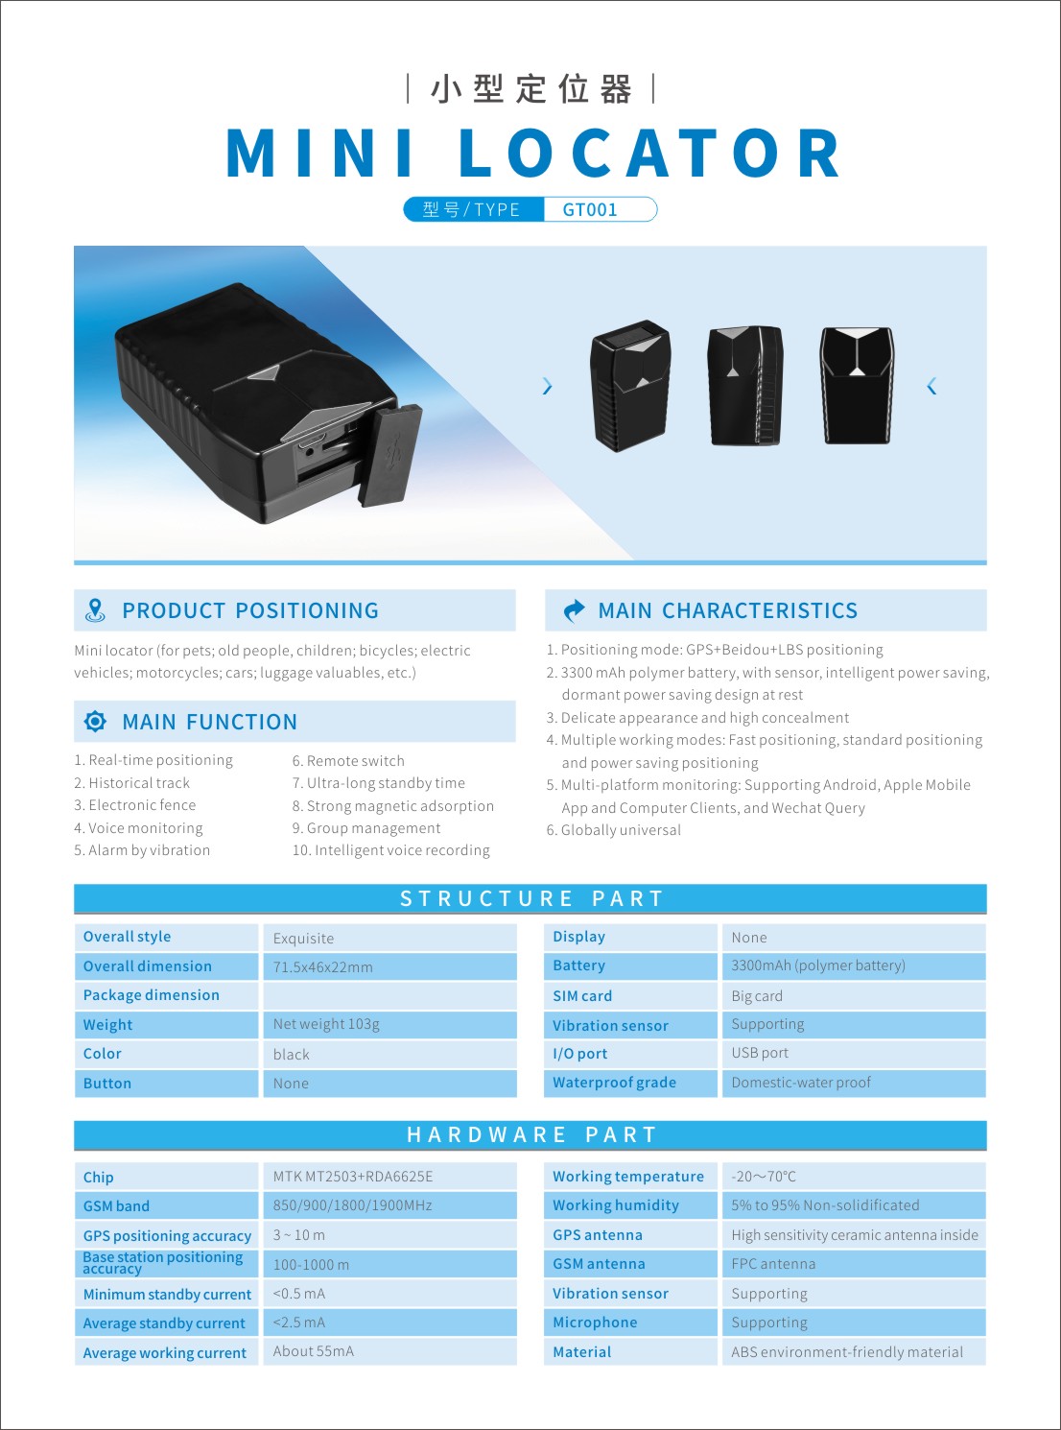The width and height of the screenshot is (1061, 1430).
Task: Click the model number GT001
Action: [590, 209]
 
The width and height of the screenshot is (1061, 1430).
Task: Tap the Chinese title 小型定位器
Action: [531, 89]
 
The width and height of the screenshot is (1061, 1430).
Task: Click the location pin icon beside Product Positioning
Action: [95, 610]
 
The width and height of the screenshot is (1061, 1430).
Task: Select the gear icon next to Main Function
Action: [95, 722]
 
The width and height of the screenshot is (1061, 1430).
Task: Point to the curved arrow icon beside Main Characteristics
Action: [574, 610]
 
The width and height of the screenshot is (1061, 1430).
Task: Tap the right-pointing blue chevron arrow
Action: [547, 386]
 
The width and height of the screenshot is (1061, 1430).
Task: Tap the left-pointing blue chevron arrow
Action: [931, 386]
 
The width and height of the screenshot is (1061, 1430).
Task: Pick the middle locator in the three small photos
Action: [745, 386]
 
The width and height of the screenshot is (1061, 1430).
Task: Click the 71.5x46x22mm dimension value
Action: [323, 967]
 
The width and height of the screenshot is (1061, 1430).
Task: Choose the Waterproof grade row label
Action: [614, 1083]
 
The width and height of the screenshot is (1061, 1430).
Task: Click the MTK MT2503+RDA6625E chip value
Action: [353, 1177]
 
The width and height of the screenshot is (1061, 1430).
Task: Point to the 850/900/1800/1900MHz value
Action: [353, 1205]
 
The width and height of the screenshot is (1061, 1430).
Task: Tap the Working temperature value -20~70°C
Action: [764, 1177]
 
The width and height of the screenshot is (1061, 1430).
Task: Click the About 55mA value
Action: [314, 1351]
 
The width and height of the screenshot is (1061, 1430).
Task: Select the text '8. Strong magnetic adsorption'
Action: [393, 806]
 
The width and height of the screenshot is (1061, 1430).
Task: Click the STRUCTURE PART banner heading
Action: [531, 898]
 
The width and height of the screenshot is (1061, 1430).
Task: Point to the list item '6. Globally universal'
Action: [614, 830]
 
